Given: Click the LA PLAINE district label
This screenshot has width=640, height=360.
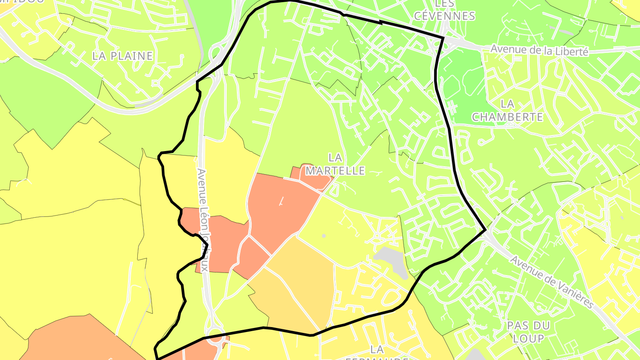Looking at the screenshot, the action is (x=122, y=56).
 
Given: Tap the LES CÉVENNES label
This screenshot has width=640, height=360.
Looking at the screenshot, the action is (x=444, y=10).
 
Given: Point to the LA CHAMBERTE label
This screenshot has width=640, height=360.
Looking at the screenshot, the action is (x=507, y=111).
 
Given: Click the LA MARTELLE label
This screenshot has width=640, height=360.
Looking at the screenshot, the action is (x=336, y=164).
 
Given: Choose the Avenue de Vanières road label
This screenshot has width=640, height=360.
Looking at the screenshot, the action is (x=551, y=282).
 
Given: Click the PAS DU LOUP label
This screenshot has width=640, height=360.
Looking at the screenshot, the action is (x=528, y=332).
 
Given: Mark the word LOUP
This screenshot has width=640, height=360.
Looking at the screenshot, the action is (x=528, y=339).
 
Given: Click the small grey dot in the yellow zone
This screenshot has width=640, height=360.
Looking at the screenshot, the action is (x=324, y=236).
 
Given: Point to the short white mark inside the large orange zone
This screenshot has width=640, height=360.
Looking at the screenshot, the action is (x=281, y=202).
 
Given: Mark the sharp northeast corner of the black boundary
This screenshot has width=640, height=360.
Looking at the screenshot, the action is (x=443, y=38).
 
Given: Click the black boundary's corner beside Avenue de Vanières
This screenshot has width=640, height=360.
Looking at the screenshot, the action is (x=485, y=230).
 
